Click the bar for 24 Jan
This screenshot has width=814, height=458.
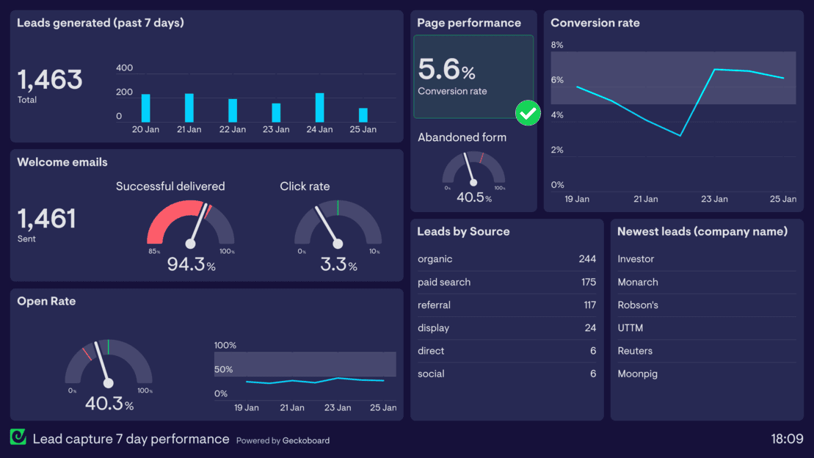tap(319, 107)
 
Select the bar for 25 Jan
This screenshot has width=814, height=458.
tap(363, 114)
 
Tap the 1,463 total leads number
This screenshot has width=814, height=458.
tap(50, 79)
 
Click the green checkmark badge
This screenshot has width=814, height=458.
tap(528, 113)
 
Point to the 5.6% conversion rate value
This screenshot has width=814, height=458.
tap(446, 70)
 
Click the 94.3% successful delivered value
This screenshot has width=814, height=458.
tap(191, 264)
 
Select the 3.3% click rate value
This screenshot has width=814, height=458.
tap(338, 264)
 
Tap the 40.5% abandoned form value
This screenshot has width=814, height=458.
tap(473, 197)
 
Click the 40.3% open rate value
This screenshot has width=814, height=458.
tap(109, 404)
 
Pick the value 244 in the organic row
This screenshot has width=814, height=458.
tap(587, 259)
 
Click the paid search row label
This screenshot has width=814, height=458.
tap(444, 282)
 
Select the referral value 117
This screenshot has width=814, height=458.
tap(589, 305)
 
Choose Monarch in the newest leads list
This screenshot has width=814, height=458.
tap(638, 282)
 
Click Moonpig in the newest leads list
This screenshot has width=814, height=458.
tap(637, 374)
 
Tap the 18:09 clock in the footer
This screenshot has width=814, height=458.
tap(787, 439)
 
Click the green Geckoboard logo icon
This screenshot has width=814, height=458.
tap(18, 437)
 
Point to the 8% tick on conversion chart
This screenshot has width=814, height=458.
tap(557, 45)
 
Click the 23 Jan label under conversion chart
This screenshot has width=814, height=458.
tap(714, 199)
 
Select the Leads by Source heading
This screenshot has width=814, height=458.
tap(463, 231)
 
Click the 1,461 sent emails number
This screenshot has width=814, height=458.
tap(47, 219)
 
